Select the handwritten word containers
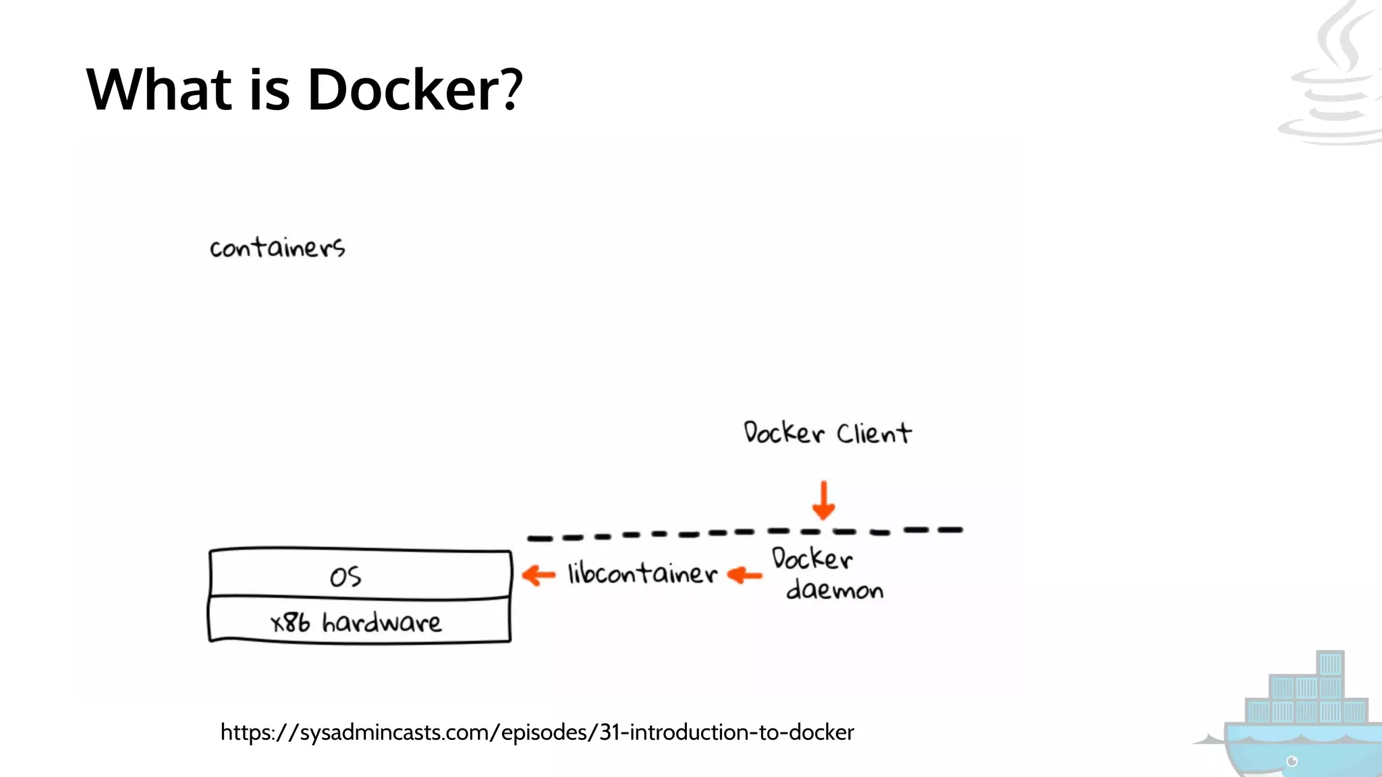tap(277, 248)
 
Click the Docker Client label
tap(827, 433)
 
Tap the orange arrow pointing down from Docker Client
tap(823, 500)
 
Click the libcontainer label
tap(642, 574)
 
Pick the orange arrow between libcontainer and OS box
tap(538, 575)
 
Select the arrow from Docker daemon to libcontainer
tap(745, 575)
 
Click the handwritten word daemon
tap(835, 591)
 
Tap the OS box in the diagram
tap(360, 575)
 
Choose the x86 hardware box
tap(359, 621)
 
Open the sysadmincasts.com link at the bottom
tap(537, 732)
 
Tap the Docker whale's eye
tap(1292, 761)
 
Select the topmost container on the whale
tap(1330, 664)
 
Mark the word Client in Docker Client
tap(874, 433)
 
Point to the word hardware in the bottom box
tap(382, 622)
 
